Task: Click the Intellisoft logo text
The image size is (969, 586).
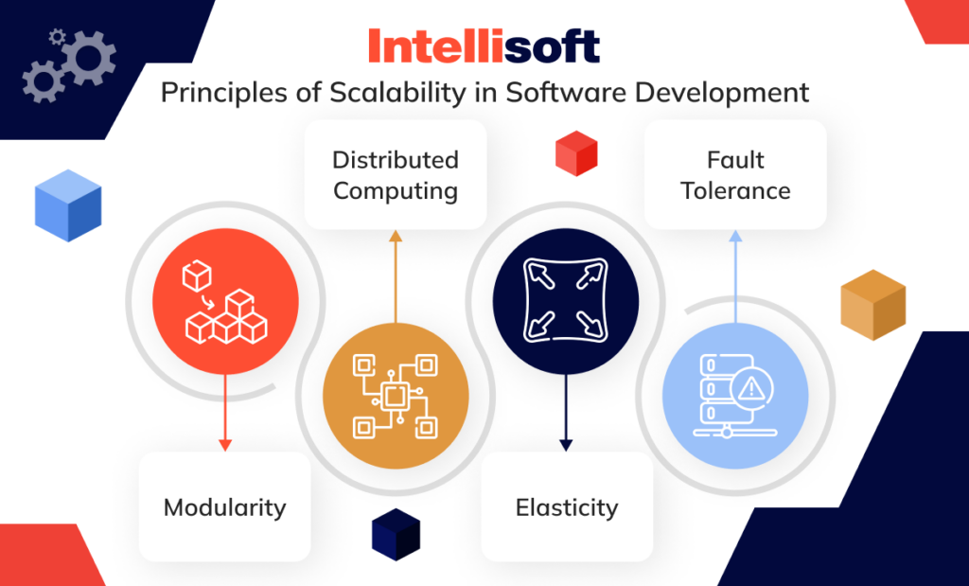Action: [x=484, y=46]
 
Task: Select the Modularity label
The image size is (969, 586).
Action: [x=224, y=507]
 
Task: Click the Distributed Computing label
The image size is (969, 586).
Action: [x=396, y=175]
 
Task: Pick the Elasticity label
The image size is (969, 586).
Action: [x=566, y=507]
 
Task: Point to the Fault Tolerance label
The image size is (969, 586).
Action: [x=735, y=175]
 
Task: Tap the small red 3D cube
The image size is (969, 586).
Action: [x=575, y=153]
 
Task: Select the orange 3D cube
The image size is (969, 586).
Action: [x=872, y=305]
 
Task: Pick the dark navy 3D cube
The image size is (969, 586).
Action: [x=396, y=534]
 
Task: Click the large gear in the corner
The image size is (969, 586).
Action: [x=91, y=62]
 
